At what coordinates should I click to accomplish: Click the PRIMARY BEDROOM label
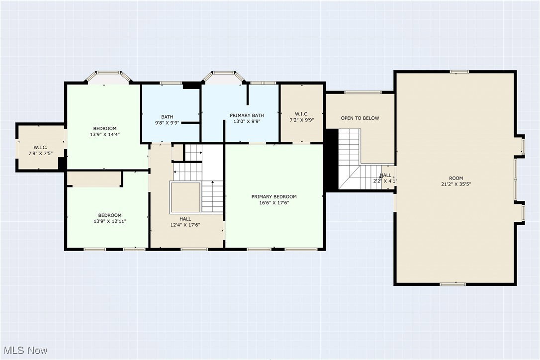pos(274,197)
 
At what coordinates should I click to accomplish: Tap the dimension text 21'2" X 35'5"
pos(456,184)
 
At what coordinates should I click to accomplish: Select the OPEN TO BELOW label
pos(360,118)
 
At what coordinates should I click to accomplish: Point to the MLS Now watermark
pos(25,351)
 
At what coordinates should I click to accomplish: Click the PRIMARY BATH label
pos(247,115)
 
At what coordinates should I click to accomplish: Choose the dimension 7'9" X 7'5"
pos(40,154)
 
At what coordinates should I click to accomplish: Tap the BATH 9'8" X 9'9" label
pos(167,120)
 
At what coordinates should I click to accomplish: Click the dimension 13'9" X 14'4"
pos(105,135)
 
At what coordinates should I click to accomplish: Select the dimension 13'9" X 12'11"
pos(110,221)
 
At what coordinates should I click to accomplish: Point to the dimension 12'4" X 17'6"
pos(185,225)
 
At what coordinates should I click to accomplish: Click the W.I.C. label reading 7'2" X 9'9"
pos(302,117)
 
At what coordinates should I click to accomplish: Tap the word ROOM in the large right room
pos(456,178)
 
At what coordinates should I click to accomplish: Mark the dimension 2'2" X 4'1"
pos(385,181)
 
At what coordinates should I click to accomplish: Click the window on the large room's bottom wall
pos(453,284)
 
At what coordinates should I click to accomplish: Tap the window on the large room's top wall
pos(459,72)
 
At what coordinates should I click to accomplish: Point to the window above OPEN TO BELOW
pos(363,92)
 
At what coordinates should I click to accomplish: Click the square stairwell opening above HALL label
pos(185,198)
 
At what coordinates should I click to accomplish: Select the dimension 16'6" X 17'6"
pos(274,203)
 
